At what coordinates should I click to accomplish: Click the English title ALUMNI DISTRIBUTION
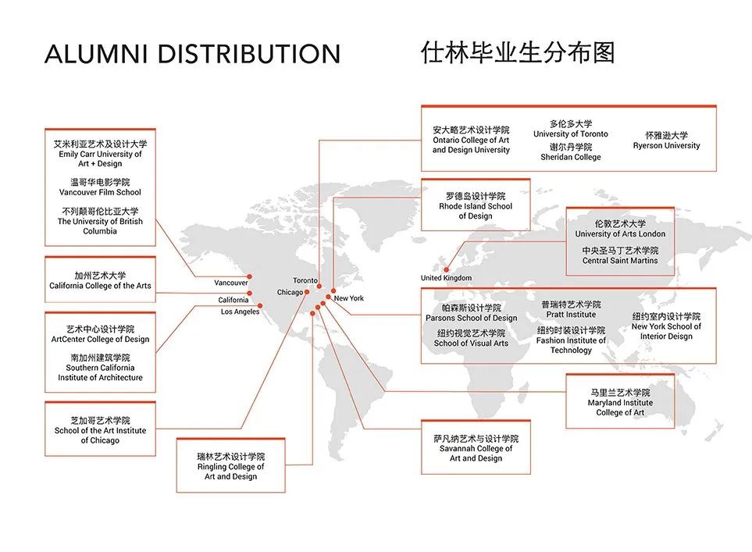[x=192, y=53]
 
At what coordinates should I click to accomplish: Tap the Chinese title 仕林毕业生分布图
[x=518, y=52]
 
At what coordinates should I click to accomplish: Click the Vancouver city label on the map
[x=230, y=283]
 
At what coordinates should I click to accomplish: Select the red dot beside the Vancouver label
[x=249, y=276]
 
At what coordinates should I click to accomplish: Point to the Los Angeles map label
[x=240, y=312]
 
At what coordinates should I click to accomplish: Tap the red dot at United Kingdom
[x=446, y=269]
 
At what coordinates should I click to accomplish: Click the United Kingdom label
[x=446, y=278]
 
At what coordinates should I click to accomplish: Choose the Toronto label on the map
[x=305, y=280]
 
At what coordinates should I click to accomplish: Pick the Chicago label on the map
[x=290, y=292]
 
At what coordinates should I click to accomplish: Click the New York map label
[x=348, y=297]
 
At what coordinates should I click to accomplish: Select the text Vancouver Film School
[x=100, y=192]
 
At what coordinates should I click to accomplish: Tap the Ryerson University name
[x=666, y=145]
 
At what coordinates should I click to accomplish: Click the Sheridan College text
[x=570, y=157]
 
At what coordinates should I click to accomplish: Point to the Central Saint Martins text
[x=619, y=261]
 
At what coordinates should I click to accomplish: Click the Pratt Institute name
[x=571, y=315]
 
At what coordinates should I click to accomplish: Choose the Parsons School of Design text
[x=471, y=318]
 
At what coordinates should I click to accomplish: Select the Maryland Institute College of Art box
[x=619, y=401]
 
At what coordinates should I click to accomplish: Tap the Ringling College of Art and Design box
[x=230, y=465]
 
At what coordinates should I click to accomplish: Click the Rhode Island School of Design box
[x=476, y=205]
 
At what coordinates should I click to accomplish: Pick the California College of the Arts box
[x=100, y=280]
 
